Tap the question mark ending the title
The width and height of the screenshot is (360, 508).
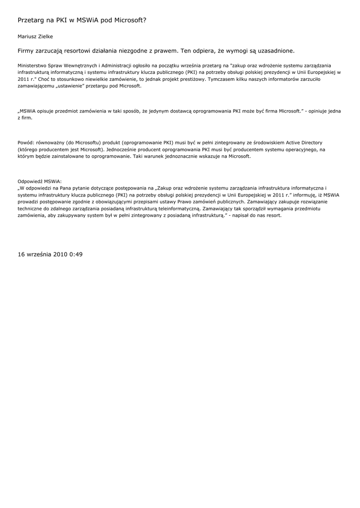click(144, 20)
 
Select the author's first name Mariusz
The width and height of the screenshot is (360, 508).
click(28, 36)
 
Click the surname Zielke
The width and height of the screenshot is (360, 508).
click(46, 36)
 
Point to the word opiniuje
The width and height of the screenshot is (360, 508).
click(318, 111)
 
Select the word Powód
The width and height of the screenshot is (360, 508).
click(26, 143)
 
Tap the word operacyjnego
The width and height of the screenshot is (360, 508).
click(305, 149)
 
